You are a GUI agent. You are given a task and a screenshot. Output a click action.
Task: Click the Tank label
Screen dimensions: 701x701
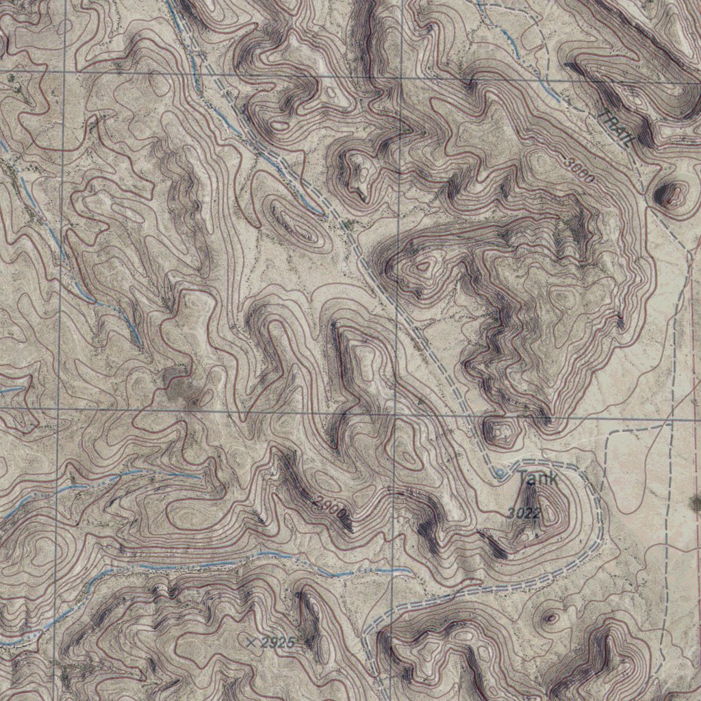pos(537,478)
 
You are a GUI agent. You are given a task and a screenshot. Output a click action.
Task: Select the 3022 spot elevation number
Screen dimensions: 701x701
pos(525,513)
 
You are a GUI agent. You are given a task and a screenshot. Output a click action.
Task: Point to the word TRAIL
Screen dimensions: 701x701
pos(615,127)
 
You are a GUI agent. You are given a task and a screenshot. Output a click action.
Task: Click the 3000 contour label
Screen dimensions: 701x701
pos(580,168)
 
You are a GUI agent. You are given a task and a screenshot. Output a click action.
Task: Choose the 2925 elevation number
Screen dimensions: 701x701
pos(278,643)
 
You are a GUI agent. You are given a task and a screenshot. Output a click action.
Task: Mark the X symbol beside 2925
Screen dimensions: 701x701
pos(252,642)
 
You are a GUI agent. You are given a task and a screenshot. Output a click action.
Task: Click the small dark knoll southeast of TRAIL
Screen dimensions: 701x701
pos(670,195)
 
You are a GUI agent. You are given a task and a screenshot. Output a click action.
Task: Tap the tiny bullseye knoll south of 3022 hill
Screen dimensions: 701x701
pos(550,619)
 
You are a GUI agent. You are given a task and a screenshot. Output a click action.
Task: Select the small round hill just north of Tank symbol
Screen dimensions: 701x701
pos(500,431)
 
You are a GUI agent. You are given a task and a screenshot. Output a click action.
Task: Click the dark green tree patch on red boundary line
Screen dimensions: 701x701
pos(696,503)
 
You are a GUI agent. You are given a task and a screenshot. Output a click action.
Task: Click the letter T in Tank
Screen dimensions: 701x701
pos(524,477)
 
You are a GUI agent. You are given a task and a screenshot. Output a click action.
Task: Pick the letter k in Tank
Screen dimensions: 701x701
pos(552,478)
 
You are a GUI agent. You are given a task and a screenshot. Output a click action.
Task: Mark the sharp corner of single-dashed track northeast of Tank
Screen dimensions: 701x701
pos(609,433)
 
